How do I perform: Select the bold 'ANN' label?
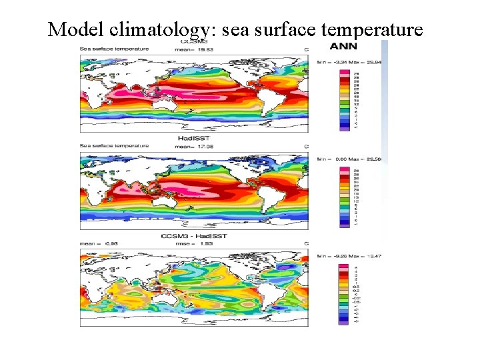(x=344, y=46)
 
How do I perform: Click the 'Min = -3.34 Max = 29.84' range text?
(x=349, y=62)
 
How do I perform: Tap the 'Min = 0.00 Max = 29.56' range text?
(x=349, y=159)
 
